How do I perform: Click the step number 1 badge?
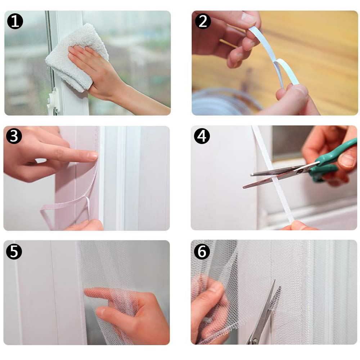tap(15, 21)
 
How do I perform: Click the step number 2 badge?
tap(203, 21)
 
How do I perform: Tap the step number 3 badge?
tap(14, 136)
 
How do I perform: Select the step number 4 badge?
tap(202, 136)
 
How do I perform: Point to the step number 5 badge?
tap(14, 252)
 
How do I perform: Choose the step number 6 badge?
tap(202, 252)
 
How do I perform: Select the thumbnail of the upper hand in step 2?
tap(248, 19)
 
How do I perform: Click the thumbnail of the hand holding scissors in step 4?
tap(347, 160)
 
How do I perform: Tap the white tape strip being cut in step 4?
tap(273, 175)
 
